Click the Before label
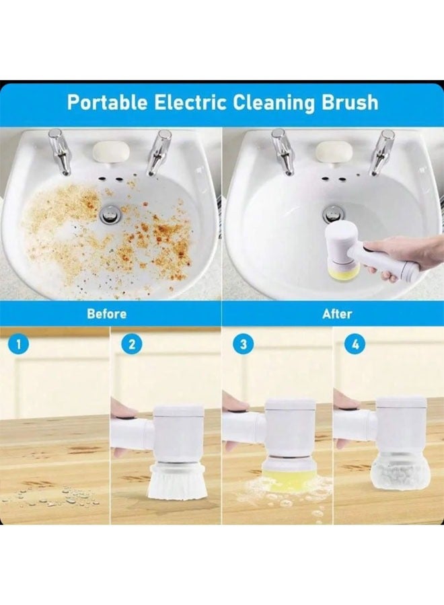tap(106, 314)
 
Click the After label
tap(337, 314)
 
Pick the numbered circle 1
tap(18, 345)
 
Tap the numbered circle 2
tap(131, 345)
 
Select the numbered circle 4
tap(354, 345)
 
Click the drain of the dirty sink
tap(110, 214)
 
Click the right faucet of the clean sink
tap(383, 152)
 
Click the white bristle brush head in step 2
tap(171, 480)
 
